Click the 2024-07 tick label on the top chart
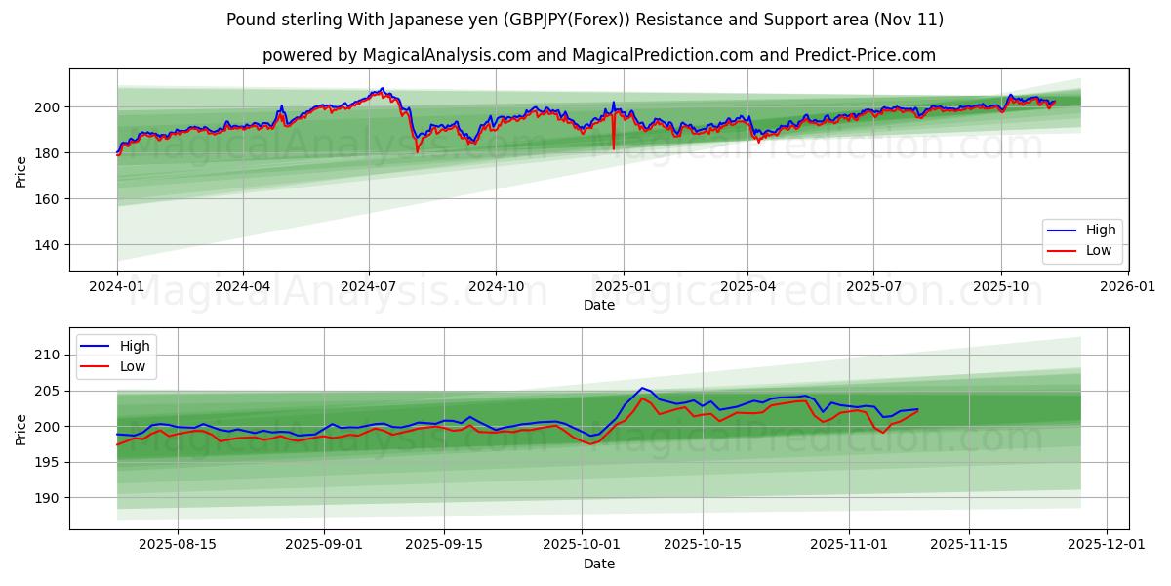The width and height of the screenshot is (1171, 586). [369, 287]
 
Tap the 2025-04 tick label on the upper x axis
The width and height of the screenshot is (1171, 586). [747, 287]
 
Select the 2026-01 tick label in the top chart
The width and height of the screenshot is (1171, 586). [1127, 287]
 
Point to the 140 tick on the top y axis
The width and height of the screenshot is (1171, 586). [46, 245]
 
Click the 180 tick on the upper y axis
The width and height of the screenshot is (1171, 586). [46, 153]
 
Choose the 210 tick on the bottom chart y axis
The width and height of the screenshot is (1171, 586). [46, 355]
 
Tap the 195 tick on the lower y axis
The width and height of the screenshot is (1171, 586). [46, 462]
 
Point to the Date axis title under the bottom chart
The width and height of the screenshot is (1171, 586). [599, 564]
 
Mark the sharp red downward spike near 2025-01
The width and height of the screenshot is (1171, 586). [614, 147]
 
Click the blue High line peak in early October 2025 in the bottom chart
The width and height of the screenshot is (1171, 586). [642, 388]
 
